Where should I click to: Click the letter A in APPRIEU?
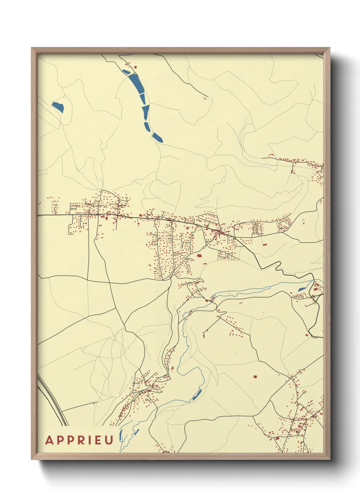point(50,440)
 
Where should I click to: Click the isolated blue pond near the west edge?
point(58,107)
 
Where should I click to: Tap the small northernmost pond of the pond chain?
point(126,72)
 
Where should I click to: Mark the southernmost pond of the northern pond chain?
point(157,138)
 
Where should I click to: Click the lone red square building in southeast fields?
point(255,377)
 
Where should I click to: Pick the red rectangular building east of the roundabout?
point(264,245)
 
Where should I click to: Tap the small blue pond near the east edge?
point(301,289)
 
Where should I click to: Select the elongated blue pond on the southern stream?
point(197,394)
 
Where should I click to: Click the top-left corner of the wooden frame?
point(32,48)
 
